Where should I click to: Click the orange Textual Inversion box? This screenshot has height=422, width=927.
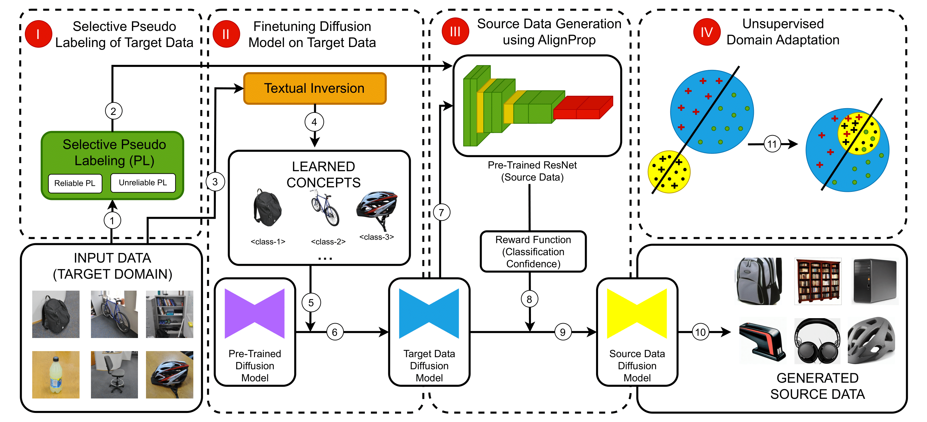314,89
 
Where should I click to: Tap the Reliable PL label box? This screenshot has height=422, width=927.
75,183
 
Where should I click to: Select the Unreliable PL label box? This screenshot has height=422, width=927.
143,183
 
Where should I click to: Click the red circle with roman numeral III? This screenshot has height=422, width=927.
455,32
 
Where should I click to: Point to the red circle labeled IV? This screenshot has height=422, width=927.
707,32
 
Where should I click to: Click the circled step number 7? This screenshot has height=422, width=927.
441,213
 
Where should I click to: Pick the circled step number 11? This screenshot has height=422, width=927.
772,144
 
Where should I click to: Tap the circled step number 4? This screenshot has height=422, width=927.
314,122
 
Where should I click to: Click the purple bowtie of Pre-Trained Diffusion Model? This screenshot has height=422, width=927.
254,313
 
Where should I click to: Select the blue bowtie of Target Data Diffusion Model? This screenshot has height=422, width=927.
429,313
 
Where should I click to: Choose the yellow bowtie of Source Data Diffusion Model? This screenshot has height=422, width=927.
637,313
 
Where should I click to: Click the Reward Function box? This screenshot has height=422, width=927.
533,252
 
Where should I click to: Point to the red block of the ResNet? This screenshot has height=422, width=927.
583,108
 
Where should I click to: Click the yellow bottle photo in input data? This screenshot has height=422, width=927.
56,374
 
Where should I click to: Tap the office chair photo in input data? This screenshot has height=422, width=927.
114,374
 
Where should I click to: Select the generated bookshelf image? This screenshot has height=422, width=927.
818,282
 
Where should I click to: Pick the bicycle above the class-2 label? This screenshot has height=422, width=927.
325,208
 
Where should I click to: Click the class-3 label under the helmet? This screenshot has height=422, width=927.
377,237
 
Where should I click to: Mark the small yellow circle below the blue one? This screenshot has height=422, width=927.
669,172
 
